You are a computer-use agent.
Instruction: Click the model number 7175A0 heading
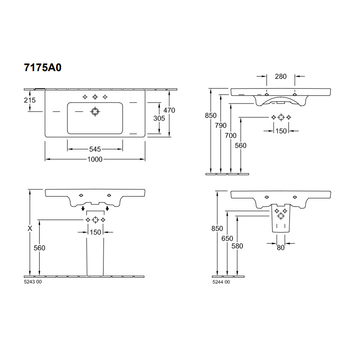tap(43, 67)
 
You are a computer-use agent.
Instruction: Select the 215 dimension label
tap(30, 100)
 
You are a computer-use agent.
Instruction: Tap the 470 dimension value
tap(169, 110)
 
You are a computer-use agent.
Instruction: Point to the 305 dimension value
tap(159, 118)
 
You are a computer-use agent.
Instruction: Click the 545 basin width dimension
tap(95, 149)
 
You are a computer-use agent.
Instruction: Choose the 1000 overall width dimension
tap(95, 159)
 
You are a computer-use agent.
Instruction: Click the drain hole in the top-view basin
tap(95, 112)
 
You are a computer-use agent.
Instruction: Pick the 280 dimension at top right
tap(281, 76)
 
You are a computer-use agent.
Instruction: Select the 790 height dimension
tap(220, 126)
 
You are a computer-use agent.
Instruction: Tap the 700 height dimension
tap(231, 135)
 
